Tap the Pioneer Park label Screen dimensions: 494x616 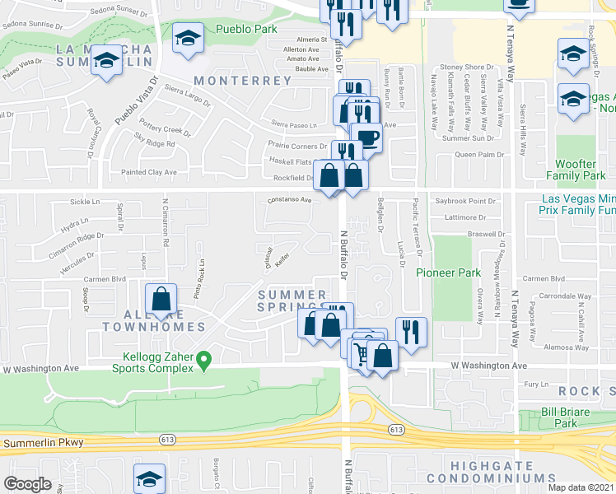448,273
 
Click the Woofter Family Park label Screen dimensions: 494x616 581,170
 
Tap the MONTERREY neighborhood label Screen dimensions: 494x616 243,81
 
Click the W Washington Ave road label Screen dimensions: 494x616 488,366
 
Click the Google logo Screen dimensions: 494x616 28,484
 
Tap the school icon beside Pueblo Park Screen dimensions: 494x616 188,38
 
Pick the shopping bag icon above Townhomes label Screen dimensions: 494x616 161,300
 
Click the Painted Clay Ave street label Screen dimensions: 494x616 149,172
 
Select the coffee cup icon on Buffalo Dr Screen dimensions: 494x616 366,137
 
